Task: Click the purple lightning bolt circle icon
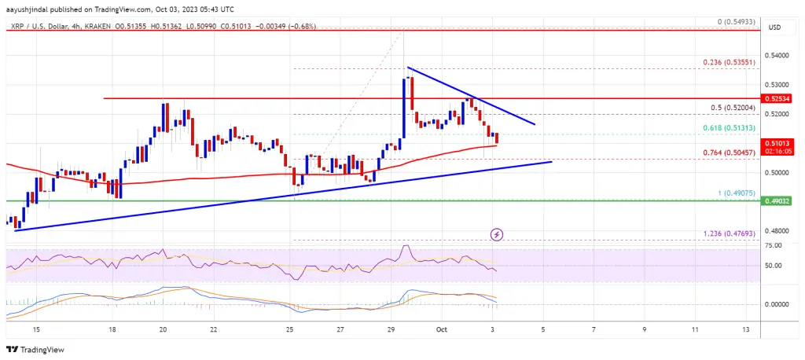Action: pyautogui.click(x=497, y=234)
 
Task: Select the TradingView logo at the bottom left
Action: pyautogui.click(x=37, y=350)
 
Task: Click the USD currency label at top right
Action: pyautogui.click(x=774, y=28)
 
